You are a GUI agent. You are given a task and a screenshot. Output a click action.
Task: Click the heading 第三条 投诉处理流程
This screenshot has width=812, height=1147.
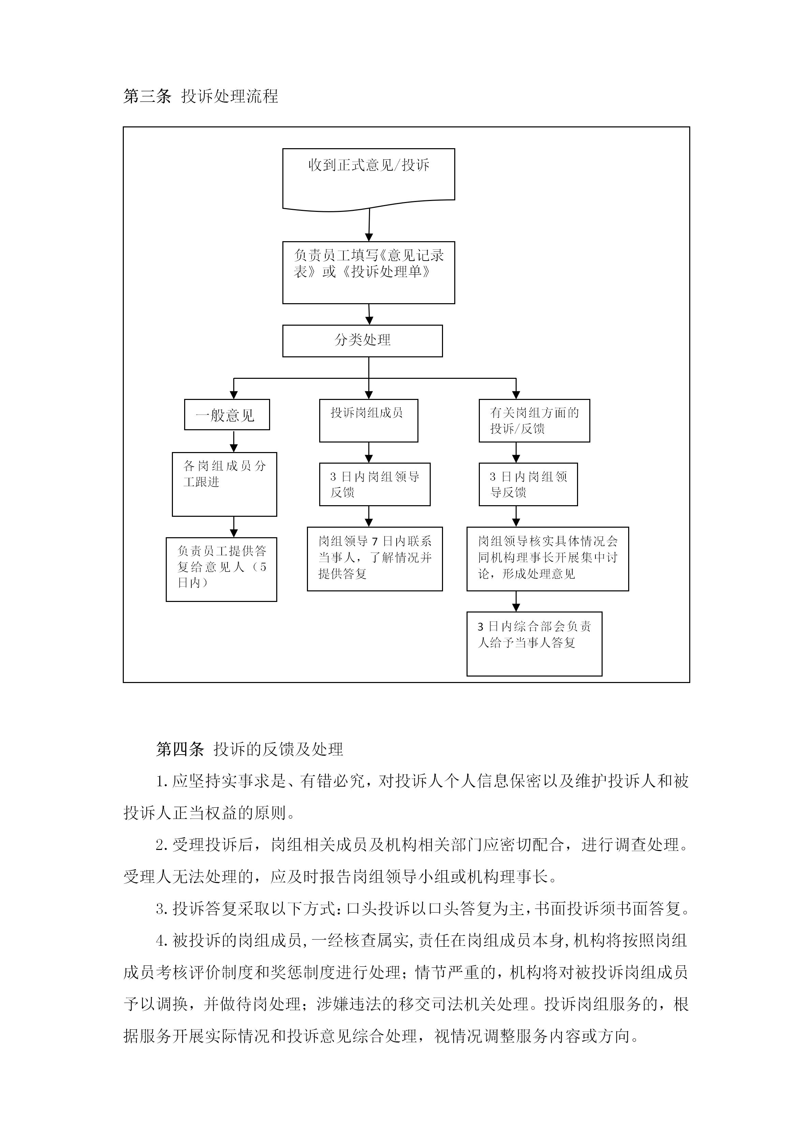(x=201, y=96)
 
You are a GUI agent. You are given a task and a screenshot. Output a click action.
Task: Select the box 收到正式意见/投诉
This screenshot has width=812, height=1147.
(x=369, y=180)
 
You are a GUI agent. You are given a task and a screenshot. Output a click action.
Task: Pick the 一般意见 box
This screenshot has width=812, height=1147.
(x=227, y=415)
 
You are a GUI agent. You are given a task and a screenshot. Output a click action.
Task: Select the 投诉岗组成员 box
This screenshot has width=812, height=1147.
(x=369, y=421)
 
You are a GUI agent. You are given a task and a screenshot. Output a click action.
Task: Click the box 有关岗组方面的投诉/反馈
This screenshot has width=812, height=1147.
(x=534, y=421)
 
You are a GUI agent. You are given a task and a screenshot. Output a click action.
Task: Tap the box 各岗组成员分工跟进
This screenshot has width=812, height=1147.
(x=224, y=484)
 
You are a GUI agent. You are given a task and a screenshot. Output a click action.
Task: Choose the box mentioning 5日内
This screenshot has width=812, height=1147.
(x=221, y=570)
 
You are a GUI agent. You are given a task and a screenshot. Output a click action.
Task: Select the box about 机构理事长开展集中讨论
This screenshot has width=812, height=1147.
(x=547, y=559)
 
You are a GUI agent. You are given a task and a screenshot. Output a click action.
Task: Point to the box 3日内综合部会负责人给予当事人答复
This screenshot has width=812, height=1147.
(x=534, y=644)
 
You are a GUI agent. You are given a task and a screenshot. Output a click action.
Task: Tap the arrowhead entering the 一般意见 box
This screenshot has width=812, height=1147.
(x=234, y=396)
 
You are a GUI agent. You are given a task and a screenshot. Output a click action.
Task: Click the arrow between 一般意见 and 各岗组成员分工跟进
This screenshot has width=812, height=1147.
(x=234, y=441)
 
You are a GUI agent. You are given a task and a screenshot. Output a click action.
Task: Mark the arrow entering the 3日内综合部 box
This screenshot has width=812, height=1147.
(x=516, y=602)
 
